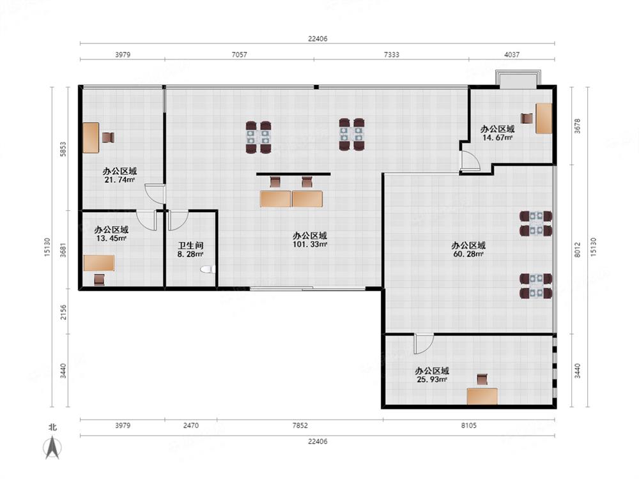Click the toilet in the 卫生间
click(x=208, y=270)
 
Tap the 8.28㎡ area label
click(x=190, y=254)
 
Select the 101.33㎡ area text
click(x=310, y=245)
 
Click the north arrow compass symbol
click(x=52, y=447)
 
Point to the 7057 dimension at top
click(x=239, y=54)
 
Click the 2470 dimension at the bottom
click(x=190, y=425)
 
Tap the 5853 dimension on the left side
click(x=63, y=149)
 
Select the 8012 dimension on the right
click(x=578, y=250)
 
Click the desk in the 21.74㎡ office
click(x=91, y=138)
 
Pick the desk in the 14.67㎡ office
click(x=544, y=119)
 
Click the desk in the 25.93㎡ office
click(x=482, y=397)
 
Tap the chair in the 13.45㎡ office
click(x=99, y=280)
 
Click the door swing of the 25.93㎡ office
click(x=424, y=344)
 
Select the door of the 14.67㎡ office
click(x=470, y=160)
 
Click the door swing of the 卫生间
click(x=178, y=220)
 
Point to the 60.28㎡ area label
click(x=468, y=254)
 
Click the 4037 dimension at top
click(x=512, y=54)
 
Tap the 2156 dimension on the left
click(x=63, y=312)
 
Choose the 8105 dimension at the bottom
click(x=468, y=425)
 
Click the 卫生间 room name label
click(x=190, y=246)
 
